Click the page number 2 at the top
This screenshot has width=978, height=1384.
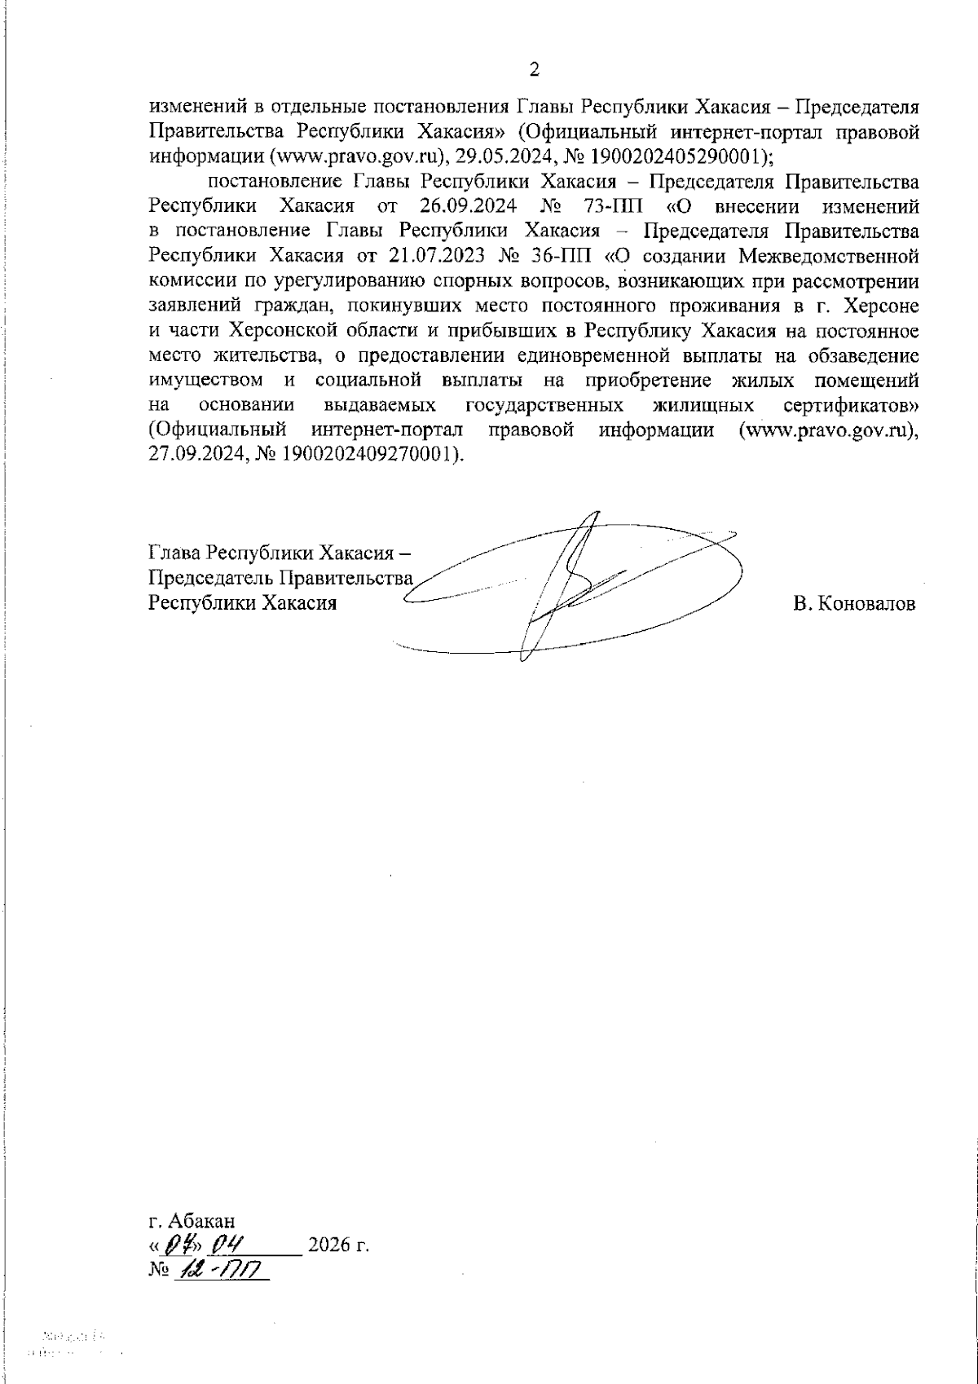coord(535,70)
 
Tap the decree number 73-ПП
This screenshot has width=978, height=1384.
coord(609,203)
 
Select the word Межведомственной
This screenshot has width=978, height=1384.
coord(829,255)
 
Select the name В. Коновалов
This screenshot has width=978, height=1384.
coord(853,604)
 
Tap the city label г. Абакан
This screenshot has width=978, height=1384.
coord(192,1221)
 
